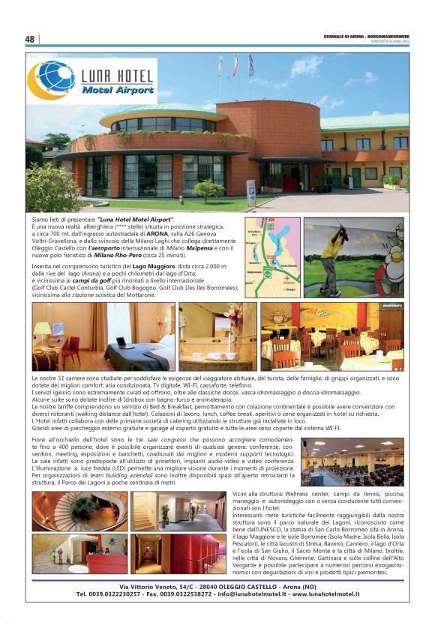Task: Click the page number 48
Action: tap(30, 39)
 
